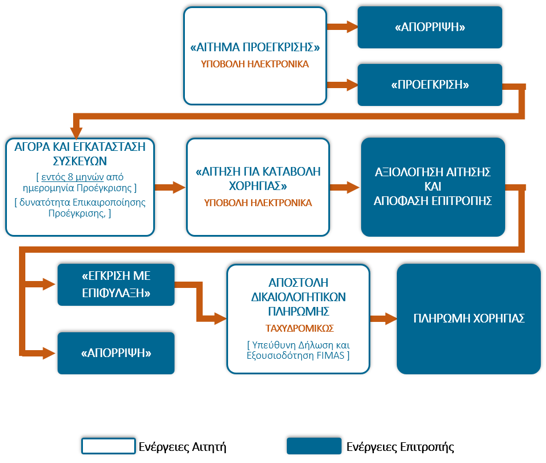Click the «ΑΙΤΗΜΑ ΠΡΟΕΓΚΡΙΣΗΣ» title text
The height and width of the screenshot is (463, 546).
tap(255, 48)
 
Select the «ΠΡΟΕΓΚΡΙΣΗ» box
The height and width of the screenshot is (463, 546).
tap(430, 85)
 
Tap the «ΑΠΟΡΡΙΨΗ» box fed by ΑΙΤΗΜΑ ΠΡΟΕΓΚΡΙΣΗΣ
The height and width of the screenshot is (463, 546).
tap(430, 27)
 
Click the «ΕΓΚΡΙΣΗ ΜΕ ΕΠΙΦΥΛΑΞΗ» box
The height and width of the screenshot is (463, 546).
tap(116, 284)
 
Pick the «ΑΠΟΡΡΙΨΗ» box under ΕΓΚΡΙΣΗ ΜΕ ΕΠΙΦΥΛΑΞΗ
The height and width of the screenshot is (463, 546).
tap(116, 353)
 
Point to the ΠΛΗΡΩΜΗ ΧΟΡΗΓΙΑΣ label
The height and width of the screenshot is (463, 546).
tap(469, 318)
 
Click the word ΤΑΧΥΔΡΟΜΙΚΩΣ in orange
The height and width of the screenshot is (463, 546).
tap(299, 328)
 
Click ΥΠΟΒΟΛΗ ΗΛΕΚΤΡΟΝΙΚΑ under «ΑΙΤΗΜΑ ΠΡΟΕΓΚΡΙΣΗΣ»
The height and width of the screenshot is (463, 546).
tap(255, 64)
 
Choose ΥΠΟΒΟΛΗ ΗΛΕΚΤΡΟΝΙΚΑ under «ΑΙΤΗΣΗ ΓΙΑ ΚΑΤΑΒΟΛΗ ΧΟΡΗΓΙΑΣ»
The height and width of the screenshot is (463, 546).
tap(258, 203)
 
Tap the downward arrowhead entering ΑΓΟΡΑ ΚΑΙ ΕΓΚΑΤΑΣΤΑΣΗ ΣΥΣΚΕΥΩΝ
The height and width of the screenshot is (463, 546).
tap(77, 130)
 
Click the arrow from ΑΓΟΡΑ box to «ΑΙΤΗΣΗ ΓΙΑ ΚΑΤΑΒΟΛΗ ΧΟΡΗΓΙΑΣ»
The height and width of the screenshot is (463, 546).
tap(170, 187)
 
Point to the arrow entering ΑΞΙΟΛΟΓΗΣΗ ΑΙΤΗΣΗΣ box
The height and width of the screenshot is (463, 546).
tap(345, 187)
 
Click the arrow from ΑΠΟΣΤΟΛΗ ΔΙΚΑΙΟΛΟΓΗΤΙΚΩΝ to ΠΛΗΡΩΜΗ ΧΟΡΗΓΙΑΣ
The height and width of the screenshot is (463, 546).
tap(383, 318)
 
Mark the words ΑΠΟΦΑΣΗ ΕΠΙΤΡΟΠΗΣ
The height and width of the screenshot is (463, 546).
tap(433, 200)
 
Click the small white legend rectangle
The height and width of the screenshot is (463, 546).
tap(108, 446)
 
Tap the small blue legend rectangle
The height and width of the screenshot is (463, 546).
tap(314, 446)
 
